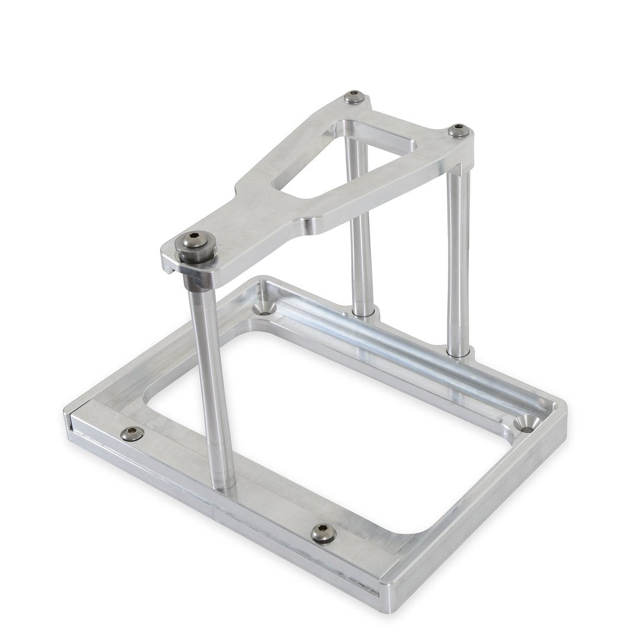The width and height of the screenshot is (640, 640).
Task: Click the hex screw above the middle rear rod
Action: (x=354, y=97)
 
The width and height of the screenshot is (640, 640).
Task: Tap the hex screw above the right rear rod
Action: (x=459, y=131)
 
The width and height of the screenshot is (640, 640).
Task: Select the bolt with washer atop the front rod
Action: (x=196, y=243)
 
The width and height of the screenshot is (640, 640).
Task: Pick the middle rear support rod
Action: (x=361, y=237)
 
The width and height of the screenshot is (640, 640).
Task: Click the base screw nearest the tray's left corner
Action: (x=132, y=434)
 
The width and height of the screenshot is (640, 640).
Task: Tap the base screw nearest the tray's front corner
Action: (x=324, y=533)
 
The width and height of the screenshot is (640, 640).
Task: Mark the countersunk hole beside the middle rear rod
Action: (x=264, y=309)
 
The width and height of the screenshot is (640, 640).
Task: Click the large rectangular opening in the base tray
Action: (x=320, y=427)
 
